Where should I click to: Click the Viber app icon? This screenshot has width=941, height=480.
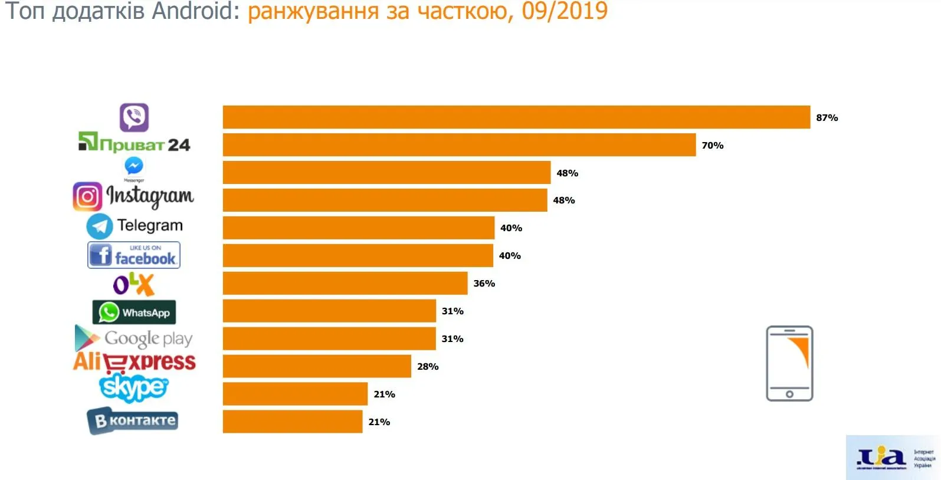click(x=134, y=117)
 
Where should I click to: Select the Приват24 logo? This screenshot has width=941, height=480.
click(x=135, y=143)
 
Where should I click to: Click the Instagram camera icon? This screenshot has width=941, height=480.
click(x=87, y=196)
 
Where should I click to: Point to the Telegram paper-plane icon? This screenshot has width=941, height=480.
click(x=99, y=226)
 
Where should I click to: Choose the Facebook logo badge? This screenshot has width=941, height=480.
click(x=134, y=255)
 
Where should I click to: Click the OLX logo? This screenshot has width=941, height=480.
click(x=134, y=284)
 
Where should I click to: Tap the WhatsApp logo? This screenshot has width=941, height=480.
click(x=134, y=313)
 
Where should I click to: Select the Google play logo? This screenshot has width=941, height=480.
click(x=134, y=338)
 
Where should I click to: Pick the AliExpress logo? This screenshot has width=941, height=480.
click(x=135, y=362)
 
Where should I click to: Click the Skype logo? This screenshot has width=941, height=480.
click(x=134, y=387)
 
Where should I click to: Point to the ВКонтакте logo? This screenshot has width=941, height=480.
click(x=133, y=421)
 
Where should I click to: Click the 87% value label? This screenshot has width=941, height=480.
click(x=827, y=118)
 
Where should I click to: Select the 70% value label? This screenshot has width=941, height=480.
click(x=712, y=146)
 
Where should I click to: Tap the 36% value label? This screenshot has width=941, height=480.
click(x=484, y=284)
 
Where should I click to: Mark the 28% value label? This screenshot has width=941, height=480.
click(x=428, y=367)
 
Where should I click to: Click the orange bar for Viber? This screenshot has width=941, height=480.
click(x=516, y=117)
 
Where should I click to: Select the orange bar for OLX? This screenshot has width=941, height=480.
click(x=345, y=284)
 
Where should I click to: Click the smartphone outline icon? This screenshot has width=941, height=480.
click(x=789, y=363)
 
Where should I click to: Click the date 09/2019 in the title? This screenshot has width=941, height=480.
click(x=565, y=11)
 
